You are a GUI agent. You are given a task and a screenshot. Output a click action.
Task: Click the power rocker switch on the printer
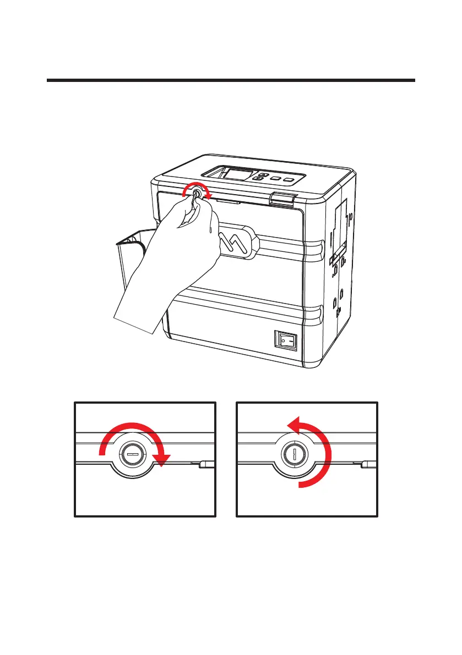pos(286,340)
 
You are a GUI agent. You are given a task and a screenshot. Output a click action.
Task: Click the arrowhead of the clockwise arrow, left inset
pos(160,461)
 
